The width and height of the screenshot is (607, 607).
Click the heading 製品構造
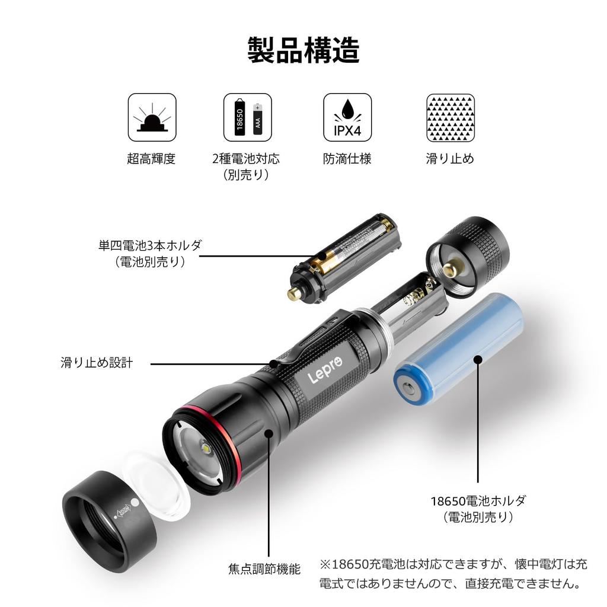coord(303,50)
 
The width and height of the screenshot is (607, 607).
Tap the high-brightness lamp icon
coord(152,117)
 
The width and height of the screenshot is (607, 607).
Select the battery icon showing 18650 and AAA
coord(247,117)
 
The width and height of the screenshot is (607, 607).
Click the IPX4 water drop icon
coord(347,117)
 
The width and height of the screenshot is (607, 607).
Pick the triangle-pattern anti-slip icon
coord(451,117)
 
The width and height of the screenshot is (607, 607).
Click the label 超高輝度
coord(151,159)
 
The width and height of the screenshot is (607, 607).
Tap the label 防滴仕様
coord(347,159)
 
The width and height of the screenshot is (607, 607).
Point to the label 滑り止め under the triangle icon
coord(450,159)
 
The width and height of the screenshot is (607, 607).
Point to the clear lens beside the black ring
coord(157,483)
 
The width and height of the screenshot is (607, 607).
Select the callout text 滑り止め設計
coord(97,363)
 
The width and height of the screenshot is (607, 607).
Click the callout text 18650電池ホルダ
coord(478,500)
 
